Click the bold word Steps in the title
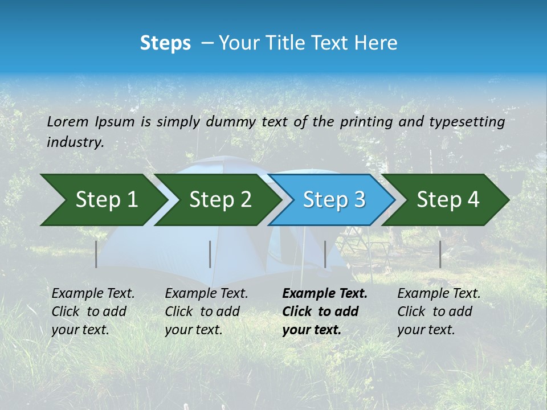coord(165,43)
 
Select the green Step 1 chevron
coord(103,200)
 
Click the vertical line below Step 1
coord(96,254)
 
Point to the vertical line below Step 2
coord(210,254)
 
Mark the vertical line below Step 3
coord(325,254)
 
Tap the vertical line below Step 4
coord(440,254)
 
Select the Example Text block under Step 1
coord(93,311)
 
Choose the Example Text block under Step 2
coord(206,311)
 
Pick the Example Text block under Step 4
coord(439,311)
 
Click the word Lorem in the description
coord(68,122)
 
